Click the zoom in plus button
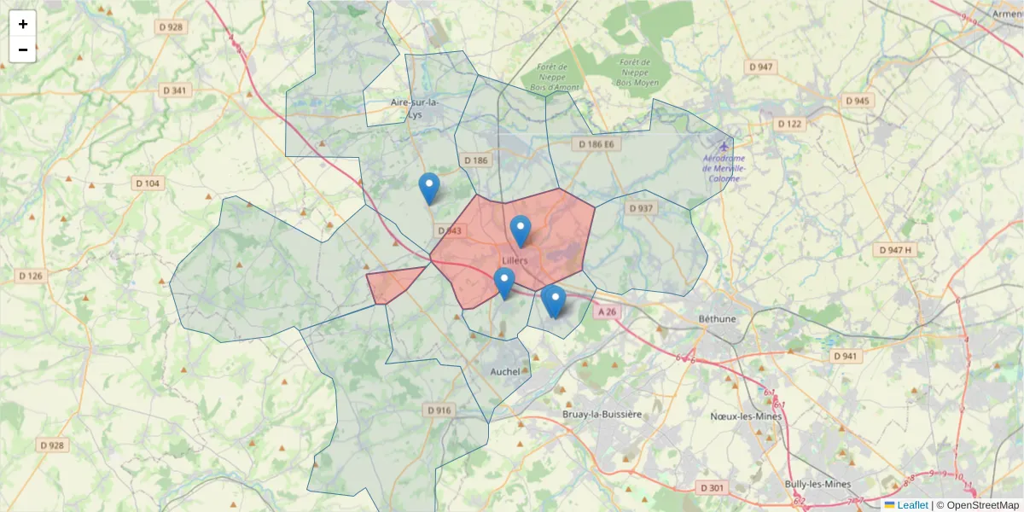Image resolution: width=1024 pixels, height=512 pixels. pyautogui.click(x=22, y=24)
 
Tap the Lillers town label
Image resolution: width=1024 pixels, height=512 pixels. pyautogui.click(x=515, y=260)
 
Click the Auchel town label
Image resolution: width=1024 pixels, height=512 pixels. pyautogui.click(x=505, y=371)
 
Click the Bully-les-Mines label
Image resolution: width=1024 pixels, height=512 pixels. pyautogui.click(x=817, y=484)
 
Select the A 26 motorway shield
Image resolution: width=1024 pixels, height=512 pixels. pyautogui.click(x=607, y=312)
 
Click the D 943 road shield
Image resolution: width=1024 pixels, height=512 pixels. pyautogui.click(x=449, y=230)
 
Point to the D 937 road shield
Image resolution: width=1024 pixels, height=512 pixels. pyautogui.click(x=640, y=208)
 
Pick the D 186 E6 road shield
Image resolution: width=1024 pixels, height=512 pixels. pyautogui.click(x=596, y=144)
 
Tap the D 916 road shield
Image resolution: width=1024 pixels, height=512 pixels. pyautogui.click(x=438, y=410)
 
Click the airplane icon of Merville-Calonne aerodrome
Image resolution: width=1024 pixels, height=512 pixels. pyautogui.click(x=724, y=145)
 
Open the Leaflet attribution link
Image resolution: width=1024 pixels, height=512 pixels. pyautogui.click(x=912, y=505)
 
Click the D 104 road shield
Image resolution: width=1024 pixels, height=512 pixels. pyautogui.click(x=148, y=183)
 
